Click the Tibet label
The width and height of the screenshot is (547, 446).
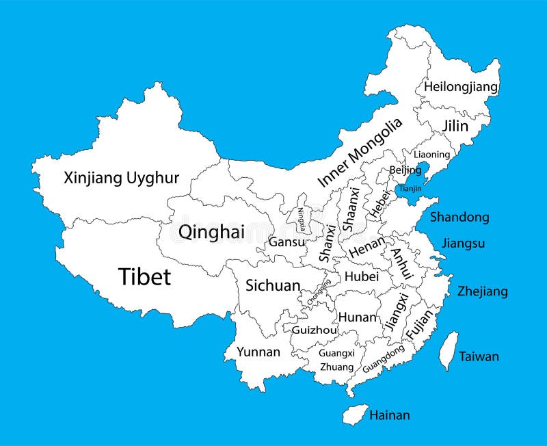(x=144, y=276)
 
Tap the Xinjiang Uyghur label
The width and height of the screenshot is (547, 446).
(x=121, y=179)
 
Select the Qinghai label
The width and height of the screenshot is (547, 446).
(x=211, y=232)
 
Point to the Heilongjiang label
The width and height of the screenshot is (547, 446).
(x=460, y=87)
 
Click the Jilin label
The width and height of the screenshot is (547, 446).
(x=455, y=126)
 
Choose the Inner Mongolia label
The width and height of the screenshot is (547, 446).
(x=360, y=153)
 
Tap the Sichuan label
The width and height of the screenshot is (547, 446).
(x=273, y=285)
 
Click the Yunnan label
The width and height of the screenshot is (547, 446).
(x=258, y=352)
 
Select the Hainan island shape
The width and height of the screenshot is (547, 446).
(x=354, y=413)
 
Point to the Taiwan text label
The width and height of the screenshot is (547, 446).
(x=479, y=356)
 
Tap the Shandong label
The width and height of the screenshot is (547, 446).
(x=459, y=217)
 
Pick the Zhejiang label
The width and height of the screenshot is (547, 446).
(x=483, y=291)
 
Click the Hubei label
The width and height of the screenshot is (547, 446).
(x=361, y=276)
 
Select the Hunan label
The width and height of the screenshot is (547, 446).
(x=357, y=317)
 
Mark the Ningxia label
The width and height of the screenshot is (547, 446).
(x=302, y=218)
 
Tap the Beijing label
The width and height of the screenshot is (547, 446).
(x=405, y=170)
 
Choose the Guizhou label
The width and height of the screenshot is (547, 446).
(x=314, y=330)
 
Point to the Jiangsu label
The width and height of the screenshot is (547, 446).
(x=463, y=243)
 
